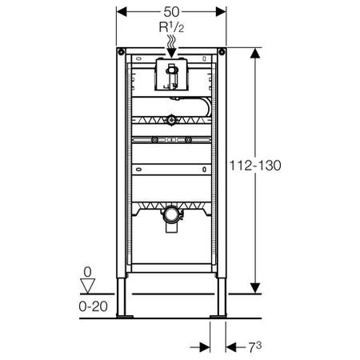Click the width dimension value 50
pos(171,12)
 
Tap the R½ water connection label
pos(171,27)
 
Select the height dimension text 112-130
pos(255,166)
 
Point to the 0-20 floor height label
pos(93,306)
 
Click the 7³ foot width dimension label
pos(255,347)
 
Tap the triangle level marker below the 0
pos(88,286)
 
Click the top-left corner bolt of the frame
pos(121,52)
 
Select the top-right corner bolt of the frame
pos(222,52)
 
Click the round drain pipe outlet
pos(170,214)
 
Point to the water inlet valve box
pos(172,74)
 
